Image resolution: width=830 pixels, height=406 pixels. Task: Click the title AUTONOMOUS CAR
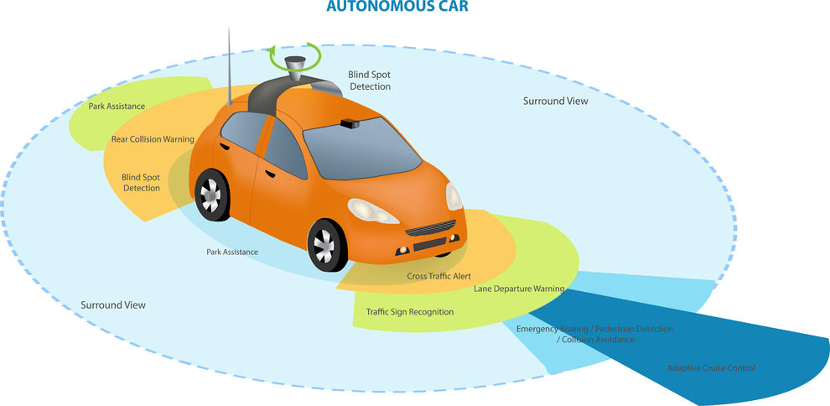pyautogui.click(x=397, y=7)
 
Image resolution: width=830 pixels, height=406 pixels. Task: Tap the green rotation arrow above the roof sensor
pyautogui.click(x=295, y=57)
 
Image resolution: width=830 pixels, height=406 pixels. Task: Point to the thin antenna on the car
pyautogui.click(x=229, y=66)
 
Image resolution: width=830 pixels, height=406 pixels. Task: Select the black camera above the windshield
pyautogui.click(x=350, y=123)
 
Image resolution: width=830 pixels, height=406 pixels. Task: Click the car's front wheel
pyautogui.click(x=326, y=245)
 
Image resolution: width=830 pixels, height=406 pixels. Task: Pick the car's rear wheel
pyautogui.click(x=211, y=195)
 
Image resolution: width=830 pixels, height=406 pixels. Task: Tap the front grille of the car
pyautogui.click(x=430, y=227)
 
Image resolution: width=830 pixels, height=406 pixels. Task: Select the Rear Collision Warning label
pyautogui.click(x=153, y=139)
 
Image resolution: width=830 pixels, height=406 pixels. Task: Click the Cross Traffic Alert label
pyautogui.click(x=438, y=276)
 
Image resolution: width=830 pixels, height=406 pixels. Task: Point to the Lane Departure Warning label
pyautogui.click(x=519, y=289)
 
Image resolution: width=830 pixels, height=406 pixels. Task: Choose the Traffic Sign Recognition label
pyautogui.click(x=410, y=312)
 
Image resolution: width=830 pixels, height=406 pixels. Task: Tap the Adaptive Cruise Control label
pyautogui.click(x=711, y=368)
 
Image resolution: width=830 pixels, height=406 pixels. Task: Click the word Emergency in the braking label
pyautogui.click(x=537, y=330)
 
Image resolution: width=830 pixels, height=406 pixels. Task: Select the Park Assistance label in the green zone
pyautogui.click(x=117, y=107)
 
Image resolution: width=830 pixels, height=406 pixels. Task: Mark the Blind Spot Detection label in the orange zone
pyautogui.click(x=141, y=183)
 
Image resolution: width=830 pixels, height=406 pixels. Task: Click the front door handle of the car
pyautogui.click(x=270, y=174)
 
